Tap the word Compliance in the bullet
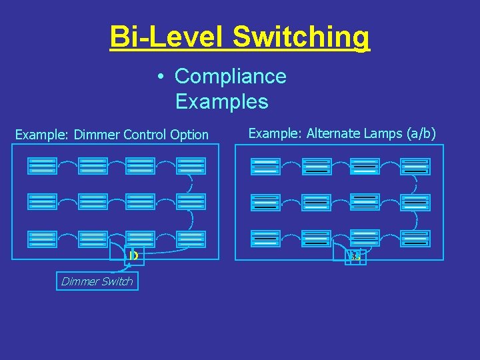[x=230, y=77]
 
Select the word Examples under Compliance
[x=222, y=102]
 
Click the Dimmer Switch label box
[x=97, y=281]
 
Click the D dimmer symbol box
[x=133, y=256]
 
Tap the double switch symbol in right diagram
[x=355, y=257]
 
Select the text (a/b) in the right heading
[x=420, y=133]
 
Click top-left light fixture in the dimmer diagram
[x=42, y=165]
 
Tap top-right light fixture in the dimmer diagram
[x=191, y=165]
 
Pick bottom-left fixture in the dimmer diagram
[x=42, y=239]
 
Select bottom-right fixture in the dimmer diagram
[x=191, y=239]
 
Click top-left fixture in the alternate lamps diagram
[x=265, y=166]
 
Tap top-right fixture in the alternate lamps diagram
[x=415, y=166]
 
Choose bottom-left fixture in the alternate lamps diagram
[x=265, y=238]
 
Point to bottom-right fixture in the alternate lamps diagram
[x=415, y=238]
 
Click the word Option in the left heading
[x=189, y=135]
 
